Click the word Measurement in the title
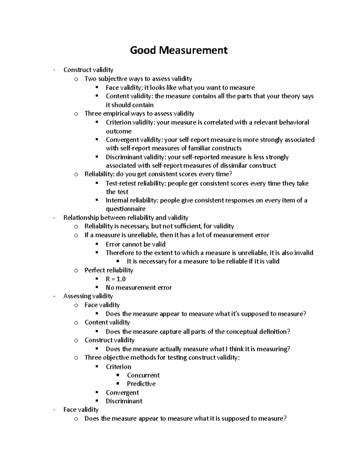193,50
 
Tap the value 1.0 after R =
121,279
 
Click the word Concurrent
143,375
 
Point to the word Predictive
141,384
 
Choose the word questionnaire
125,209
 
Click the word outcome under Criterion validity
118,131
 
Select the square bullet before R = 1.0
97,279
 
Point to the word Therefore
120,253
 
